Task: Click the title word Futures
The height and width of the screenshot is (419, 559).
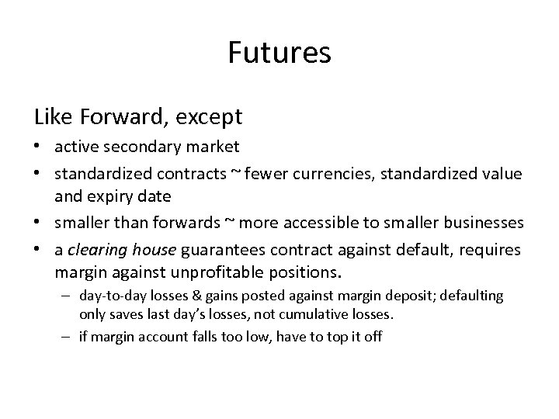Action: (279, 53)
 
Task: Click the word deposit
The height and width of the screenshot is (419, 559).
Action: (398, 296)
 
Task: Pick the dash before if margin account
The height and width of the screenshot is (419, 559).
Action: (68, 338)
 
